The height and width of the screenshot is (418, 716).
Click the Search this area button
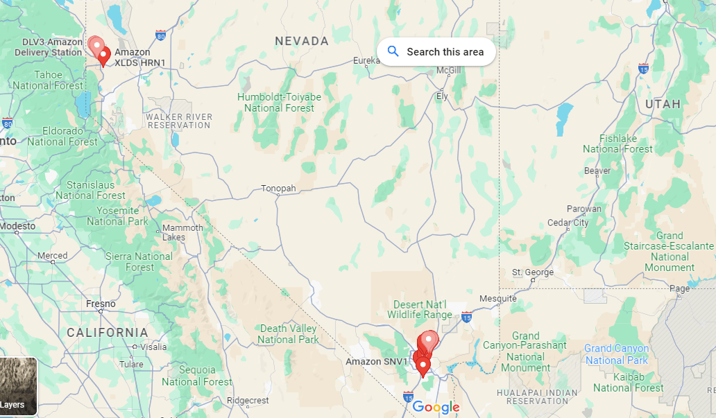coord(436,52)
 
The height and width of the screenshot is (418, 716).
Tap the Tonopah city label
coord(278,189)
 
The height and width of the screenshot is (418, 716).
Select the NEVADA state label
coord(302,42)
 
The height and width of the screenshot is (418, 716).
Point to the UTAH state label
coord(663,104)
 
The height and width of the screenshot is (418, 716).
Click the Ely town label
coord(441,96)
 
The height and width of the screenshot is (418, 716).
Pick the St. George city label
coord(533,272)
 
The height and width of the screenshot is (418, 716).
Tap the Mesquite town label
coord(498,299)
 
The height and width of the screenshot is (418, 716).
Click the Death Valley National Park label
coord(288,334)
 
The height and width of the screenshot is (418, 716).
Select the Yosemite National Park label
coord(118,216)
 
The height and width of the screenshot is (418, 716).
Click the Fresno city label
coord(101,304)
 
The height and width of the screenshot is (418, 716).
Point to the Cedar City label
coord(568,223)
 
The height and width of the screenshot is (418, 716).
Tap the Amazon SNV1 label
coord(374,362)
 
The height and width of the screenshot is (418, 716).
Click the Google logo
coord(436,408)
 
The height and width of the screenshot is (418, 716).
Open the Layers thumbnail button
coord(18,386)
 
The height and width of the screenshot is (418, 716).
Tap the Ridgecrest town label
coord(248,401)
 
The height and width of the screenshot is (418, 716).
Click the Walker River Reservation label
coord(179,121)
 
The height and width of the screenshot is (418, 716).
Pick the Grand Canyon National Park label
coord(617,354)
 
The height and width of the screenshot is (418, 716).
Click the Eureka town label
coord(366,61)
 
